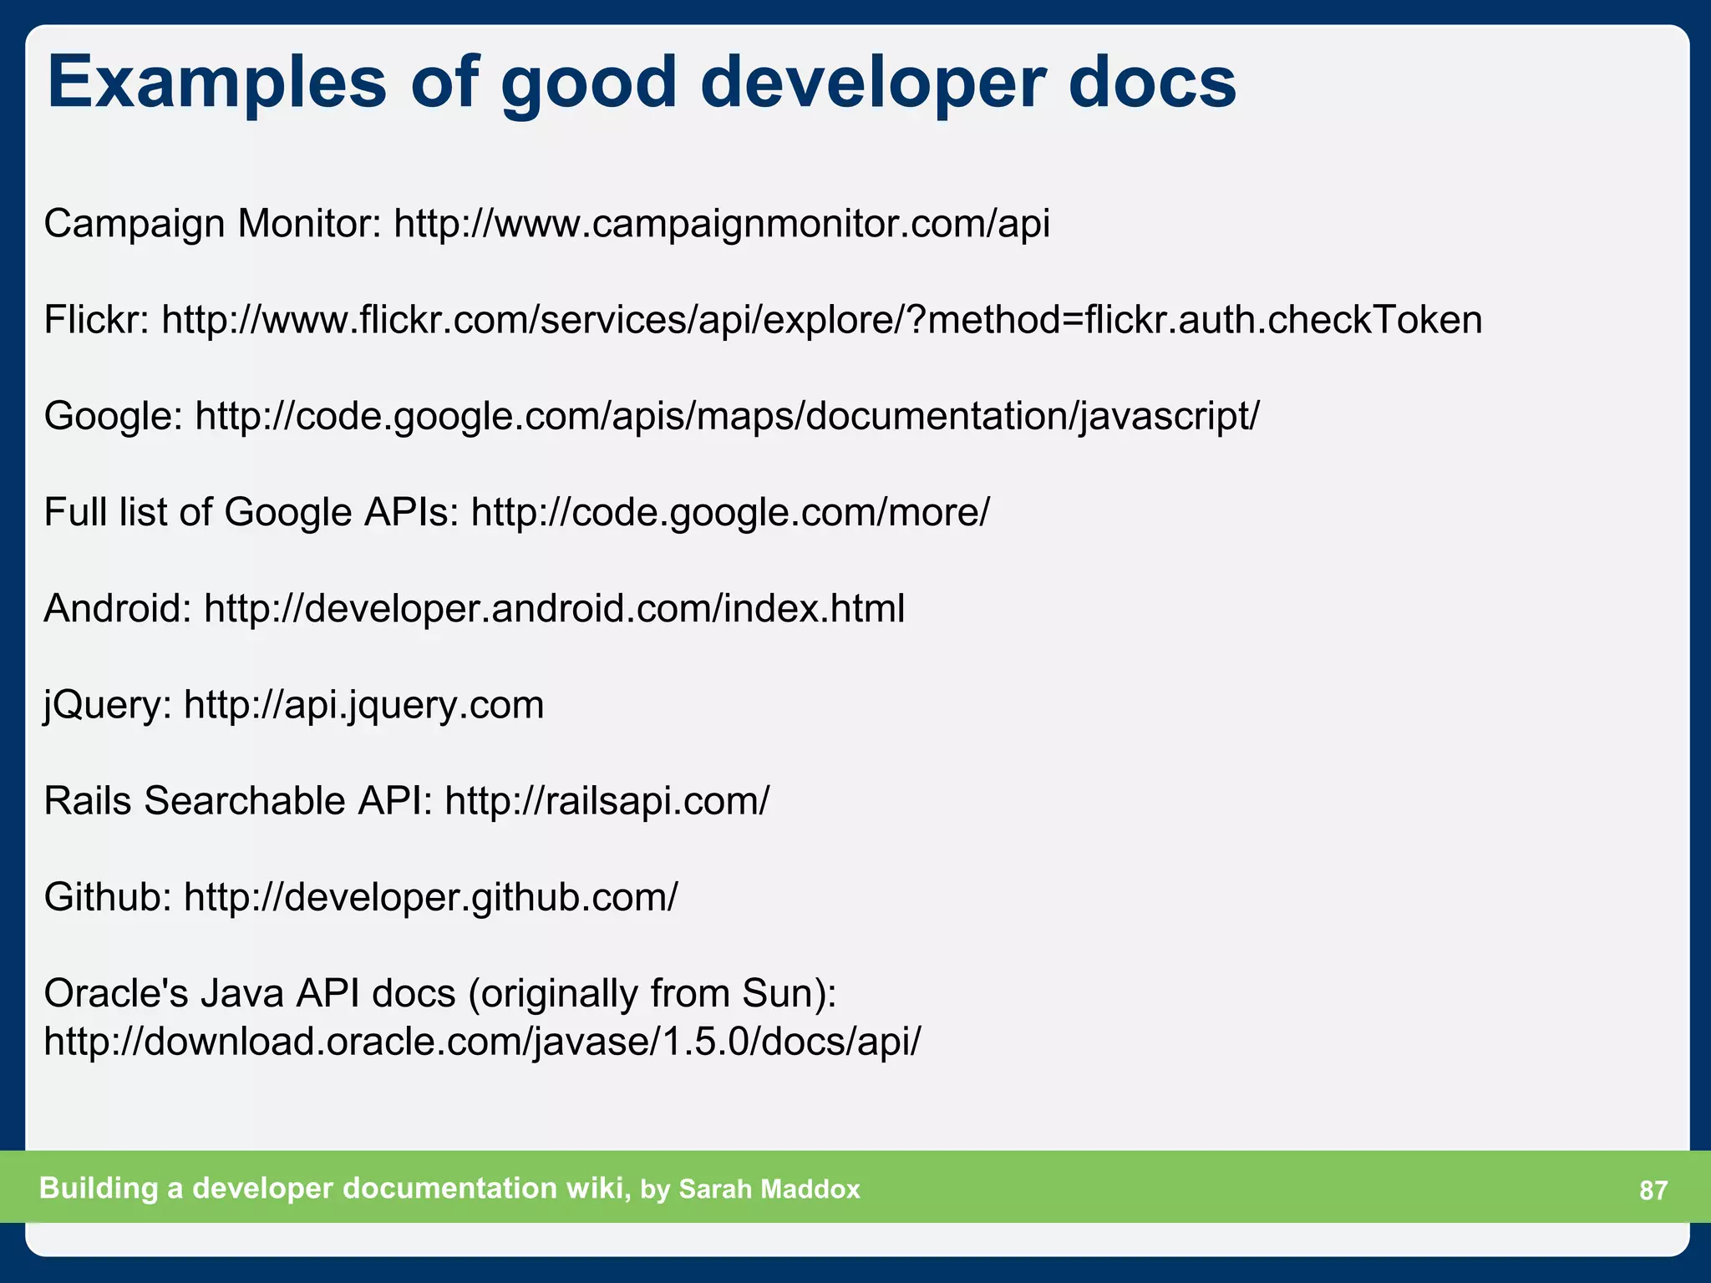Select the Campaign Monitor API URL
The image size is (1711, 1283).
click(722, 224)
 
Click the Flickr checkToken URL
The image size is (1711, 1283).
click(822, 320)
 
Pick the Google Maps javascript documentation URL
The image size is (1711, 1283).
click(727, 416)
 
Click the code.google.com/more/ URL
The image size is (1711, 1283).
click(730, 512)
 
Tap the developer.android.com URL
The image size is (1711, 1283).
click(555, 608)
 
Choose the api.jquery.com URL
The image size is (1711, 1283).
click(364, 704)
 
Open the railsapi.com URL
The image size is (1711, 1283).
click(607, 801)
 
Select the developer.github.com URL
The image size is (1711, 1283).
click(431, 897)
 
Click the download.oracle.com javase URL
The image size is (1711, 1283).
click(482, 1042)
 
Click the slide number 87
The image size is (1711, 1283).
click(1653, 1189)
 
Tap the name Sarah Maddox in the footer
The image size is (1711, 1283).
click(769, 1189)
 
